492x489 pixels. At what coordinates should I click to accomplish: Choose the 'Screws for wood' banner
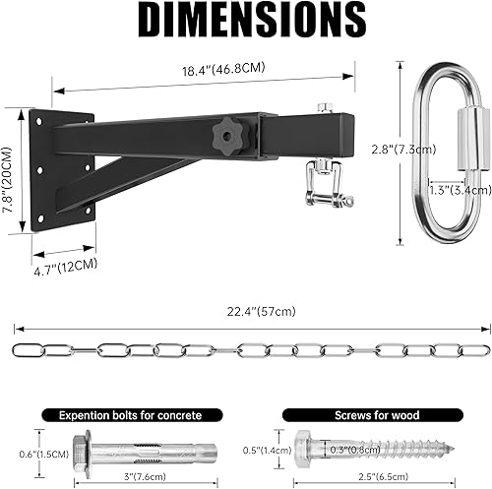pos(352,416)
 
